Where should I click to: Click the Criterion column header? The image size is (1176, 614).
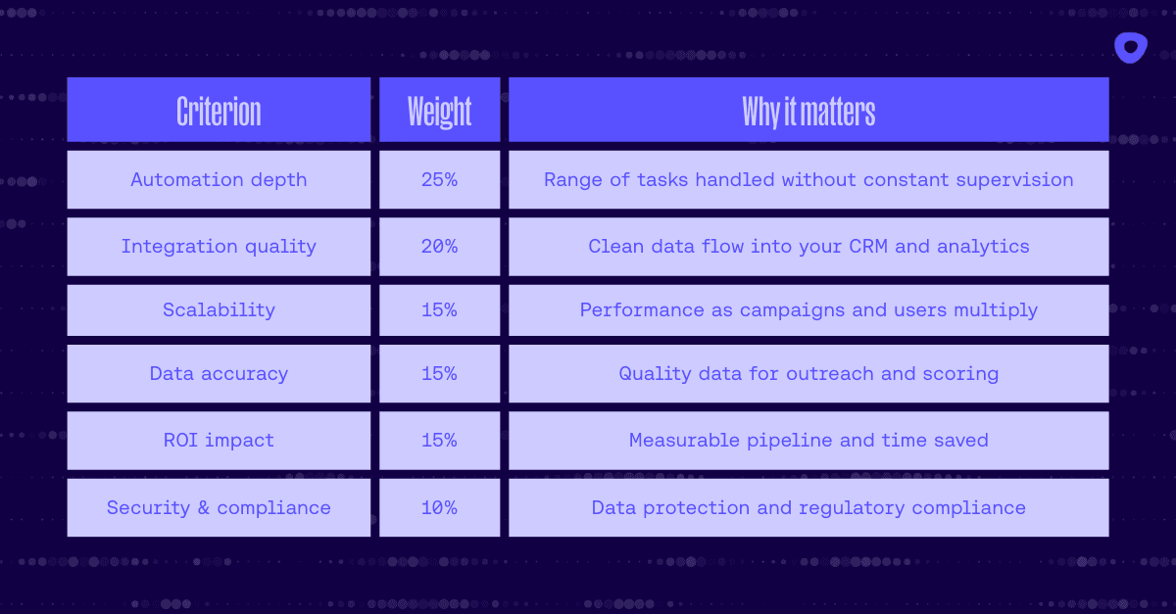pyautogui.click(x=219, y=111)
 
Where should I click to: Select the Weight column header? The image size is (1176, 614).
pyautogui.click(x=439, y=111)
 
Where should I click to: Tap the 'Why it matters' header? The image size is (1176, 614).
pyautogui.click(x=808, y=111)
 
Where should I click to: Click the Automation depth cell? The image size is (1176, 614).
pyautogui.click(x=219, y=180)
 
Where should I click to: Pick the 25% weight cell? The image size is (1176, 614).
pyautogui.click(x=439, y=180)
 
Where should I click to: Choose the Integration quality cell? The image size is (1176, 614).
pyautogui.click(x=219, y=247)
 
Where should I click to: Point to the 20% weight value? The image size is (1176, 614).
pyautogui.click(x=439, y=247)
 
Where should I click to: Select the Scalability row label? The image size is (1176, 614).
pyautogui.click(x=219, y=310)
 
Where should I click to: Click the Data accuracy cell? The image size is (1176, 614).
pyautogui.click(x=219, y=374)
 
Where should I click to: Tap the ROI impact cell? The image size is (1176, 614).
pyautogui.click(x=219, y=441)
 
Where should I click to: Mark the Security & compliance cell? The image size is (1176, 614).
pyautogui.click(x=219, y=508)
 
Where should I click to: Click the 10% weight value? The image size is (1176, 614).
pyautogui.click(x=439, y=508)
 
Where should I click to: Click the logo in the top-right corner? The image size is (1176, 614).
pyautogui.click(x=1130, y=47)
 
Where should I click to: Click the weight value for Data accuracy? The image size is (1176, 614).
pyautogui.click(x=439, y=374)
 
